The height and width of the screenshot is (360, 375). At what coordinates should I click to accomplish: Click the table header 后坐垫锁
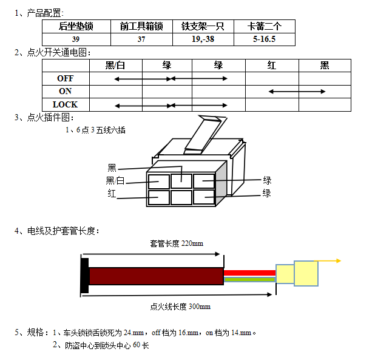[x=76, y=26]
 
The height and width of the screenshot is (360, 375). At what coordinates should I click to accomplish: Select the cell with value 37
[x=141, y=39]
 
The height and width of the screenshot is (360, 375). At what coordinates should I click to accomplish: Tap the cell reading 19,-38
[x=203, y=39]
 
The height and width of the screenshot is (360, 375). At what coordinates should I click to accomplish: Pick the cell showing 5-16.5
[x=264, y=39]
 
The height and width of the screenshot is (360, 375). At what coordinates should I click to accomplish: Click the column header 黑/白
[x=115, y=66]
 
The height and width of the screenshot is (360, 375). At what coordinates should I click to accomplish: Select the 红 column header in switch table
[x=272, y=66]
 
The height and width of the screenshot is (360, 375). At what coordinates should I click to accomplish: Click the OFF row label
[x=65, y=78]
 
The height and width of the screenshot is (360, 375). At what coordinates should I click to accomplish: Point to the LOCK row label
[x=65, y=104]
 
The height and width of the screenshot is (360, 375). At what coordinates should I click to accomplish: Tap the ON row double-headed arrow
[x=297, y=92]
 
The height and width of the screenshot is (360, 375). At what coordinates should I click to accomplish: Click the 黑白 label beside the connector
[x=115, y=180]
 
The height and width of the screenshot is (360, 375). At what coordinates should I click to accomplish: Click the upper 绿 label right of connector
[x=267, y=180]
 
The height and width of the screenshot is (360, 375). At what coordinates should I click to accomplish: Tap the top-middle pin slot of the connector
[x=181, y=180]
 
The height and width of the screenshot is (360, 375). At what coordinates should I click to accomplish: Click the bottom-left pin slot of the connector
[x=158, y=198]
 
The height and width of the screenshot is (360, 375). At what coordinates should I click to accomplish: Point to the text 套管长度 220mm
[x=177, y=243]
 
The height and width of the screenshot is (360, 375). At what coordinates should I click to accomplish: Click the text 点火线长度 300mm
[x=180, y=307]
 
